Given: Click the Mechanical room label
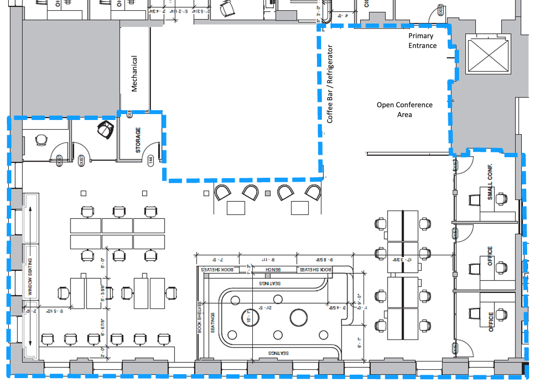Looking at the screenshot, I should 134,73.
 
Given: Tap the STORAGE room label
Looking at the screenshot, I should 138,140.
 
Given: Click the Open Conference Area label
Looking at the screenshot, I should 404,109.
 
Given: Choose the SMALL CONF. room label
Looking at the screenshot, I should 490,182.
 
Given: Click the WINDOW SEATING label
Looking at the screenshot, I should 30,277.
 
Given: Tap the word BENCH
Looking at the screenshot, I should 274,270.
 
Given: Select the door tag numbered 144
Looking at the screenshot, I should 151,160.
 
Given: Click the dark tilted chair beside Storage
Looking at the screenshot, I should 105,130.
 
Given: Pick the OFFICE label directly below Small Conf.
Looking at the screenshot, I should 490,256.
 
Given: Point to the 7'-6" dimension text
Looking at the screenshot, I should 217,259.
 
